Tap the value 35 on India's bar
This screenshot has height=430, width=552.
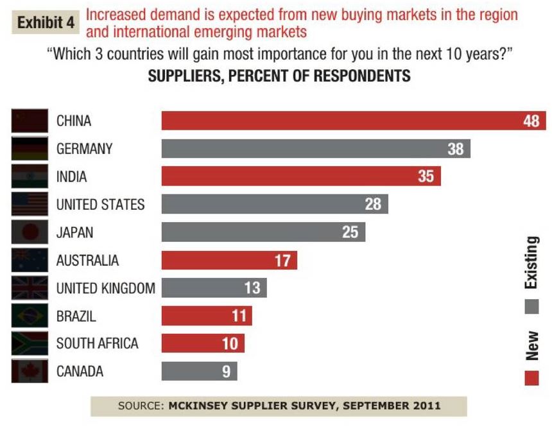click(x=426, y=176)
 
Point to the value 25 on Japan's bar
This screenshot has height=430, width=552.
click(x=350, y=232)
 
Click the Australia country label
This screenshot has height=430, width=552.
click(x=87, y=261)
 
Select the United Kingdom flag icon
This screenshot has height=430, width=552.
click(x=30, y=288)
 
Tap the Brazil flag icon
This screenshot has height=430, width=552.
click(x=30, y=316)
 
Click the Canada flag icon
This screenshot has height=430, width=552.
click(x=30, y=371)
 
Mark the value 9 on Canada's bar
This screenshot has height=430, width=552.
click(x=226, y=372)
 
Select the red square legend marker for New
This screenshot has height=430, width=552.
click(x=531, y=378)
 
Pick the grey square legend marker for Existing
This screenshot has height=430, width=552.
click(x=531, y=307)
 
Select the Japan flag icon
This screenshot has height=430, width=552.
click(x=30, y=232)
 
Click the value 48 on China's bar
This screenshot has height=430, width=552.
click(x=531, y=121)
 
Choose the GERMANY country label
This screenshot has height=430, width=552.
click(x=84, y=149)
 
